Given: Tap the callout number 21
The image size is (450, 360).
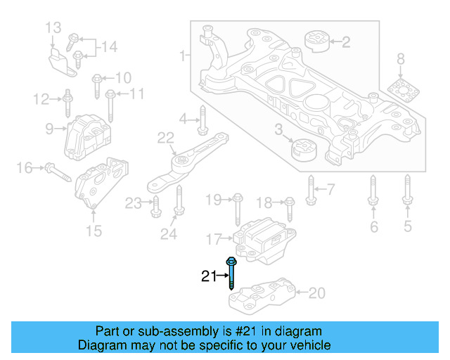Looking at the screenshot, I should (208, 276).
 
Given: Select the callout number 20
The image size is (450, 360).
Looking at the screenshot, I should (317, 292).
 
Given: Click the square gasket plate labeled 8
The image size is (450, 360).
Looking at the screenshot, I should (400, 92).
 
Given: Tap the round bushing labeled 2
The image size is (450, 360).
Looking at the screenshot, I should (317, 41).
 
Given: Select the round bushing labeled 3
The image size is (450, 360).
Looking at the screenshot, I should (304, 149).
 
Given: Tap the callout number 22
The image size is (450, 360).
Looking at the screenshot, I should (165, 138).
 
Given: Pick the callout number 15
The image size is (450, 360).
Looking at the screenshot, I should (94, 231).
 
